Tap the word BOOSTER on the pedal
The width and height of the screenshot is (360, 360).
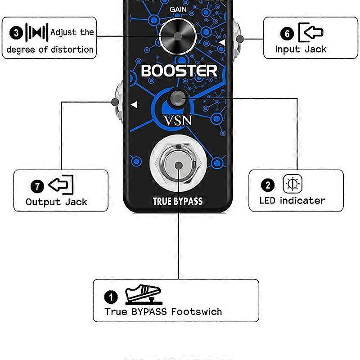[179, 71]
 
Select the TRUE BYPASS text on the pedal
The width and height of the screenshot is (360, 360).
[178, 201]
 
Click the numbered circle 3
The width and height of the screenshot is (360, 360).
[17, 33]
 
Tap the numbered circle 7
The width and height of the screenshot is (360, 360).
[37, 186]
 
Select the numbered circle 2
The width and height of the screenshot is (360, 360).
[268, 185]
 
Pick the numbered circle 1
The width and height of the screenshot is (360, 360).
[111, 297]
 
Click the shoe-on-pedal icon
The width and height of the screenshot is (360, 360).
[143, 295]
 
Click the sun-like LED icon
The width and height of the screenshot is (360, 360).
[292, 184]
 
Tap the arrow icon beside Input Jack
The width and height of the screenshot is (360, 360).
[311, 32]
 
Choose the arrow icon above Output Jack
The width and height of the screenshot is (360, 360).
[61, 184]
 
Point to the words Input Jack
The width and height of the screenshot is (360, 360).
[301, 49]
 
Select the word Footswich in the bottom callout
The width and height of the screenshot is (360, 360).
[196, 311]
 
